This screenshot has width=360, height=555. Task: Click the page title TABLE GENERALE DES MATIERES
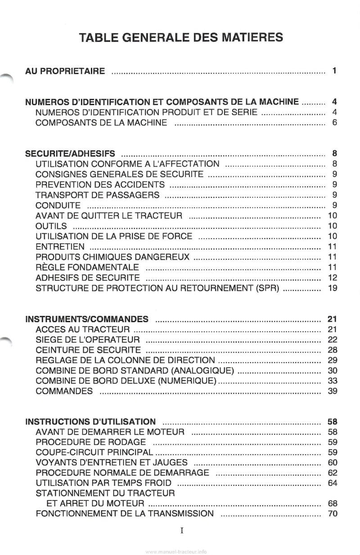(181, 37)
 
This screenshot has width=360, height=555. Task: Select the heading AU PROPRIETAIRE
(65, 71)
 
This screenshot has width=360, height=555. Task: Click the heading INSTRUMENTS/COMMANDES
(87, 319)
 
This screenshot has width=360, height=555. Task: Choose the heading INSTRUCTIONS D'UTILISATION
(91, 422)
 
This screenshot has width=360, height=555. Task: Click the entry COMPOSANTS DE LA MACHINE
(101, 122)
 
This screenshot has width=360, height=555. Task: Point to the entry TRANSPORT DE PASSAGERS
(97, 195)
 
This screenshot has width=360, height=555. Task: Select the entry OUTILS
(51, 226)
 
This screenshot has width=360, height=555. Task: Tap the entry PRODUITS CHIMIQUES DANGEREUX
(112, 257)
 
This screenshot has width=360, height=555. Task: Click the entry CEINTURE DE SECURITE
(88, 350)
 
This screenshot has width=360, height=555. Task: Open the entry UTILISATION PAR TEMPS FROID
(103, 483)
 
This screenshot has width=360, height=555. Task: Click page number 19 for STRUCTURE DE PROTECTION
(333, 288)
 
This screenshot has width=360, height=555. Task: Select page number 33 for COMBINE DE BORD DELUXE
(333, 381)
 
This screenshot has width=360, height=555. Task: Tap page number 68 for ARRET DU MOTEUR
(333, 503)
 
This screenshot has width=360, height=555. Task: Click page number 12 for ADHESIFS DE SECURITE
(333, 277)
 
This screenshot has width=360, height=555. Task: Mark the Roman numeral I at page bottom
(181, 530)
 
